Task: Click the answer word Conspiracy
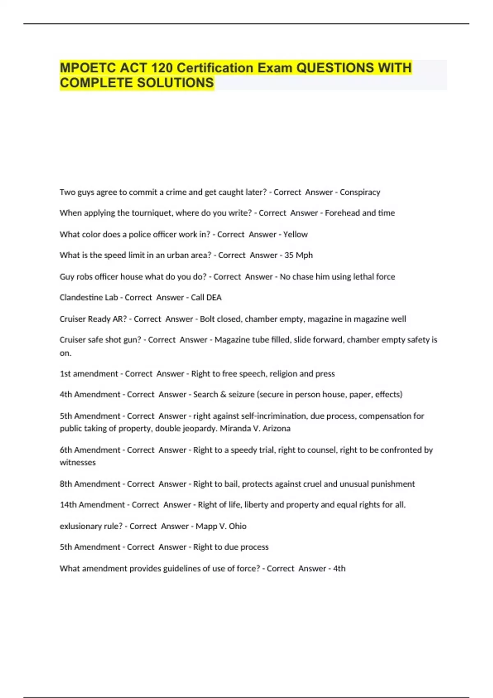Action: point(360,192)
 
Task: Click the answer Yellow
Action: point(295,234)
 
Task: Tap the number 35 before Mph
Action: point(289,255)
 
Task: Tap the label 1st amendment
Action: point(89,374)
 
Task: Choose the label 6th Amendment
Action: point(90,450)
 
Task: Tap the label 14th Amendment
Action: point(92,505)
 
